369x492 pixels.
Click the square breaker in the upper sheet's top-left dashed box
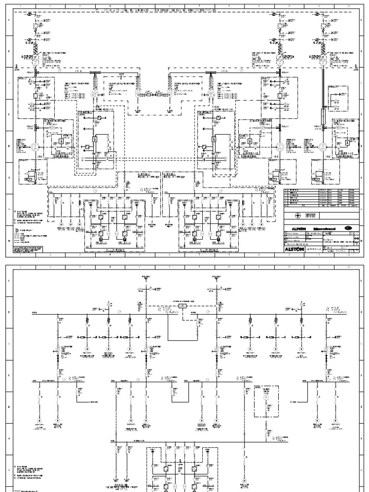pyautogui.click(x=36, y=96)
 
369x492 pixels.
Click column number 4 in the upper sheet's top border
pyautogui.click(x=111, y=6)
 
